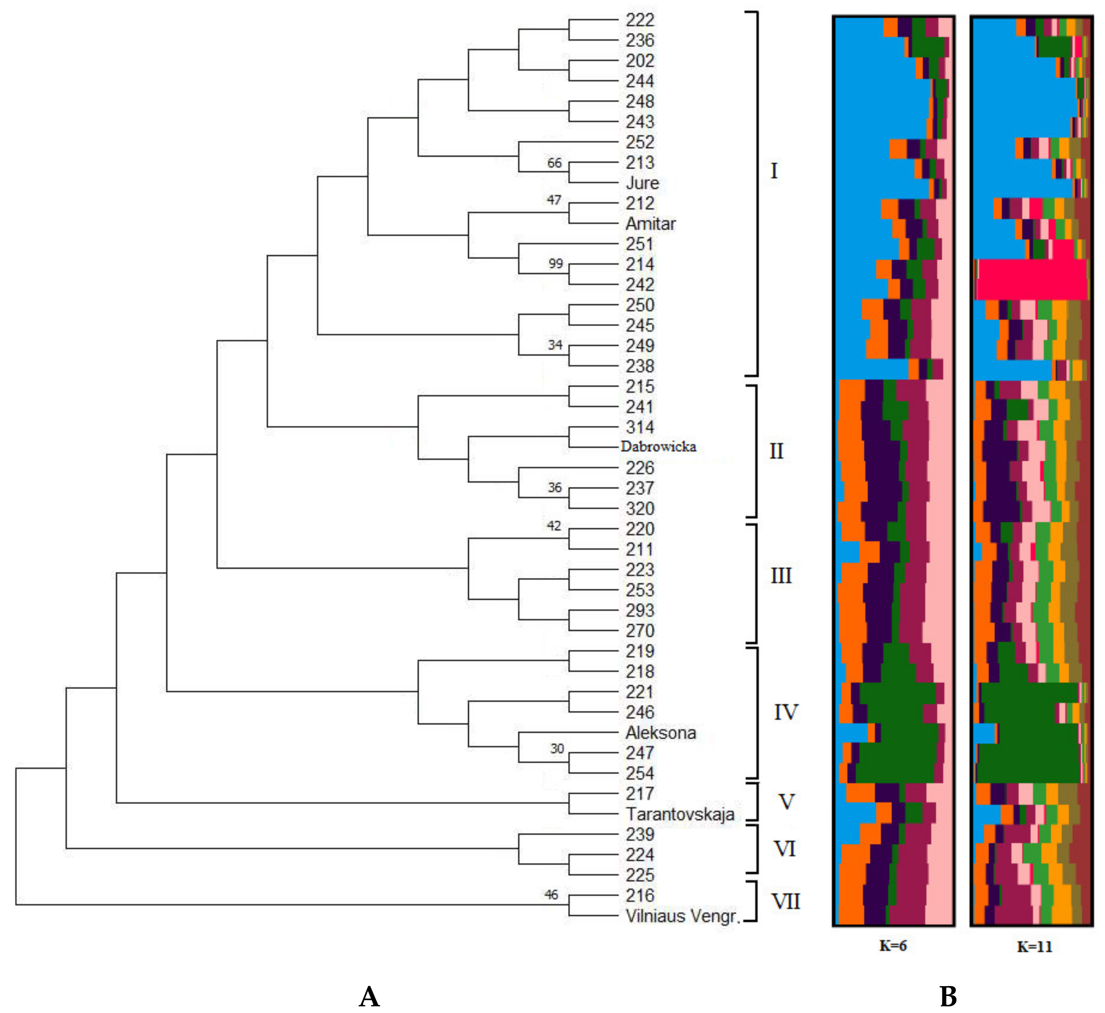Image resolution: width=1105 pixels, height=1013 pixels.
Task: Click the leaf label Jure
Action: (642, 183)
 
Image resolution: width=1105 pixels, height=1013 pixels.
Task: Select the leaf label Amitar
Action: (650, 224)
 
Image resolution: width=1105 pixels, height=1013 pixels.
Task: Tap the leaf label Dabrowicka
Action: (658, 447)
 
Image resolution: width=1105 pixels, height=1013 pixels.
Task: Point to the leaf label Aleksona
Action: (660, 733)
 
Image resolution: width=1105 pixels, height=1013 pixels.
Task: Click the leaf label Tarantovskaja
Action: (680, 814)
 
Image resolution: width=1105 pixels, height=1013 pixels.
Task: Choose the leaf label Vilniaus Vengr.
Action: (682, 916)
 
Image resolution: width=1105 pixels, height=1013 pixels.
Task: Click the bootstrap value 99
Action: (555, 264)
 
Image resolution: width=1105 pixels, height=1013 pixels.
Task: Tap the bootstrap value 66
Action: (554, 163)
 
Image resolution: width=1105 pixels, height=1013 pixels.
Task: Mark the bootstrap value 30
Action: (557, 749)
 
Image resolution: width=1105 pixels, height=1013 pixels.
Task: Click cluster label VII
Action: (786, 902)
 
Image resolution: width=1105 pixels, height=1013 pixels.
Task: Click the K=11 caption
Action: (1034, 947)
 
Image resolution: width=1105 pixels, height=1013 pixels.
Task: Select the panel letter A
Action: (369, 996)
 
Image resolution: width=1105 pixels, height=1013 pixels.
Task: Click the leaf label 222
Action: (640, 20)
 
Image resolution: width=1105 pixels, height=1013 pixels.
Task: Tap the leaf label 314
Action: (640, 427)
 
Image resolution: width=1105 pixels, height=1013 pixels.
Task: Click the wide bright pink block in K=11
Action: (1031, 279)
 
